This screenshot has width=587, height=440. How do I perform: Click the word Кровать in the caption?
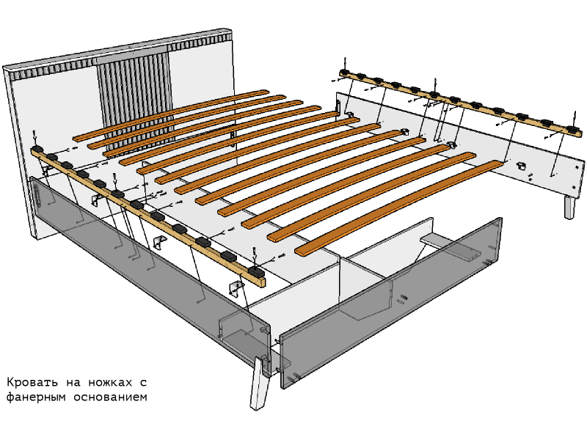point(32,382)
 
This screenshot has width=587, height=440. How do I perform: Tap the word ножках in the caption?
point(111,382)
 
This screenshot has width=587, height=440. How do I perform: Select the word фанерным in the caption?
point(36,397)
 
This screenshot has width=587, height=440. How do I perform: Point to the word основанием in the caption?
point(111,397)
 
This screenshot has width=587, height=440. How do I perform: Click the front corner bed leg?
point(259,384)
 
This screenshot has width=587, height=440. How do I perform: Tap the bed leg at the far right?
point(570,207)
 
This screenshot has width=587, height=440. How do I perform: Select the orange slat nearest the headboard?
point(170,115)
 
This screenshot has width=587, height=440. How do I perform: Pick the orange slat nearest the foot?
point(398,208)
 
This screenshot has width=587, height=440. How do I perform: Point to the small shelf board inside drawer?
point(450,246)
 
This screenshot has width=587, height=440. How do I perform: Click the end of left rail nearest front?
point(261,282)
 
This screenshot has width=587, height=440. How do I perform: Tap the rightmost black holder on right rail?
point(573,130)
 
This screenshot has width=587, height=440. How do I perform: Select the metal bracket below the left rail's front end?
point(236,288)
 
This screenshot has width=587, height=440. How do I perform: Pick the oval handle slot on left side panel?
point(38,197)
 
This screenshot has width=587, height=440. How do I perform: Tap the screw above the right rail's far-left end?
point(345,62)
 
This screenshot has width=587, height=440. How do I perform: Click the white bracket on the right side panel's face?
point(519,164)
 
